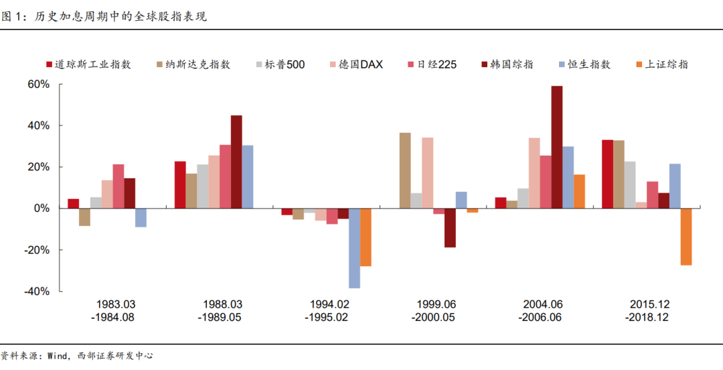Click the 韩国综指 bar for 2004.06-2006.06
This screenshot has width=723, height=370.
pos(557,147)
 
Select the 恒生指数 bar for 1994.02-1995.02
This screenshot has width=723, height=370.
pos(355,248)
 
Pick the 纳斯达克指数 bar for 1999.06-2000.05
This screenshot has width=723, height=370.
pos(405,170)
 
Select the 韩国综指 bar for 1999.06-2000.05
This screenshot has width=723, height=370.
pos(450,228)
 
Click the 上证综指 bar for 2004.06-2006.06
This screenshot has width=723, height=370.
pos(579,192)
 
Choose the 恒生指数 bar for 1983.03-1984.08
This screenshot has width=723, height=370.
pos(141,218)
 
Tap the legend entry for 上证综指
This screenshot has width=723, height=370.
pos(663,64)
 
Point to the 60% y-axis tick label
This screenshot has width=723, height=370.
pos(38,84)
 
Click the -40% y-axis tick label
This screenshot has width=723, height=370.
pos(37,292)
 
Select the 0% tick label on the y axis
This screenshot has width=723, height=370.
pos(42,208)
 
